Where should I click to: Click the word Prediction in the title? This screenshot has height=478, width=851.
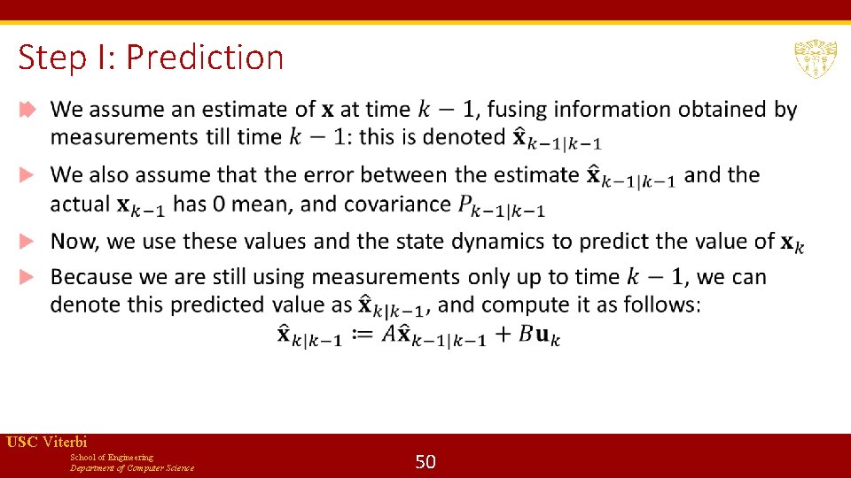click(205, 58)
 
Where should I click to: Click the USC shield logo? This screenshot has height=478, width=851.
click(816, 58)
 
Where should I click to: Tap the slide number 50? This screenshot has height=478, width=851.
click(425, 461)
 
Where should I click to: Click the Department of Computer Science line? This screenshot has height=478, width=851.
click(132, 468)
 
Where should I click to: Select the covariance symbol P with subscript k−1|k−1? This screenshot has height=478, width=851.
click(501, 207)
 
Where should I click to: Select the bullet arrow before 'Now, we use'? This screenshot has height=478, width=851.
click(27, 241)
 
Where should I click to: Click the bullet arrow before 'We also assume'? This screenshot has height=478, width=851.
click(27, 174)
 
